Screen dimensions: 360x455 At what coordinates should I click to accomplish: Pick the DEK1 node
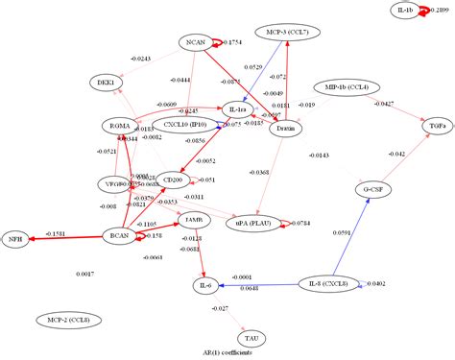point(106,84)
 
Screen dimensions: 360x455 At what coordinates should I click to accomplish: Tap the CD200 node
point(174,180)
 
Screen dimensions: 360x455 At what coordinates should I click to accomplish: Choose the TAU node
point(251,338)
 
